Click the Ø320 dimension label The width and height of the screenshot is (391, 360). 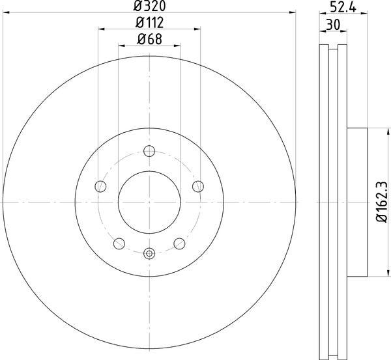coord(149,7)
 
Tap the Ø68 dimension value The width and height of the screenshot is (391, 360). coord(149,38)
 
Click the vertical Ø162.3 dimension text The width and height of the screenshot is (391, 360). coord(383,202)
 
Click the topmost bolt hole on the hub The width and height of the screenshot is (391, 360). coord(149,152)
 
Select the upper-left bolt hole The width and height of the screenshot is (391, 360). coord(100,187)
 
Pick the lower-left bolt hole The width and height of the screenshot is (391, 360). coord(119,243)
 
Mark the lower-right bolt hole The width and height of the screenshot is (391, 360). coord(179,243)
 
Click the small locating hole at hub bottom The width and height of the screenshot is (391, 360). coord(149,253)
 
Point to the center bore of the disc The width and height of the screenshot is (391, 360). coord(149,202)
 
